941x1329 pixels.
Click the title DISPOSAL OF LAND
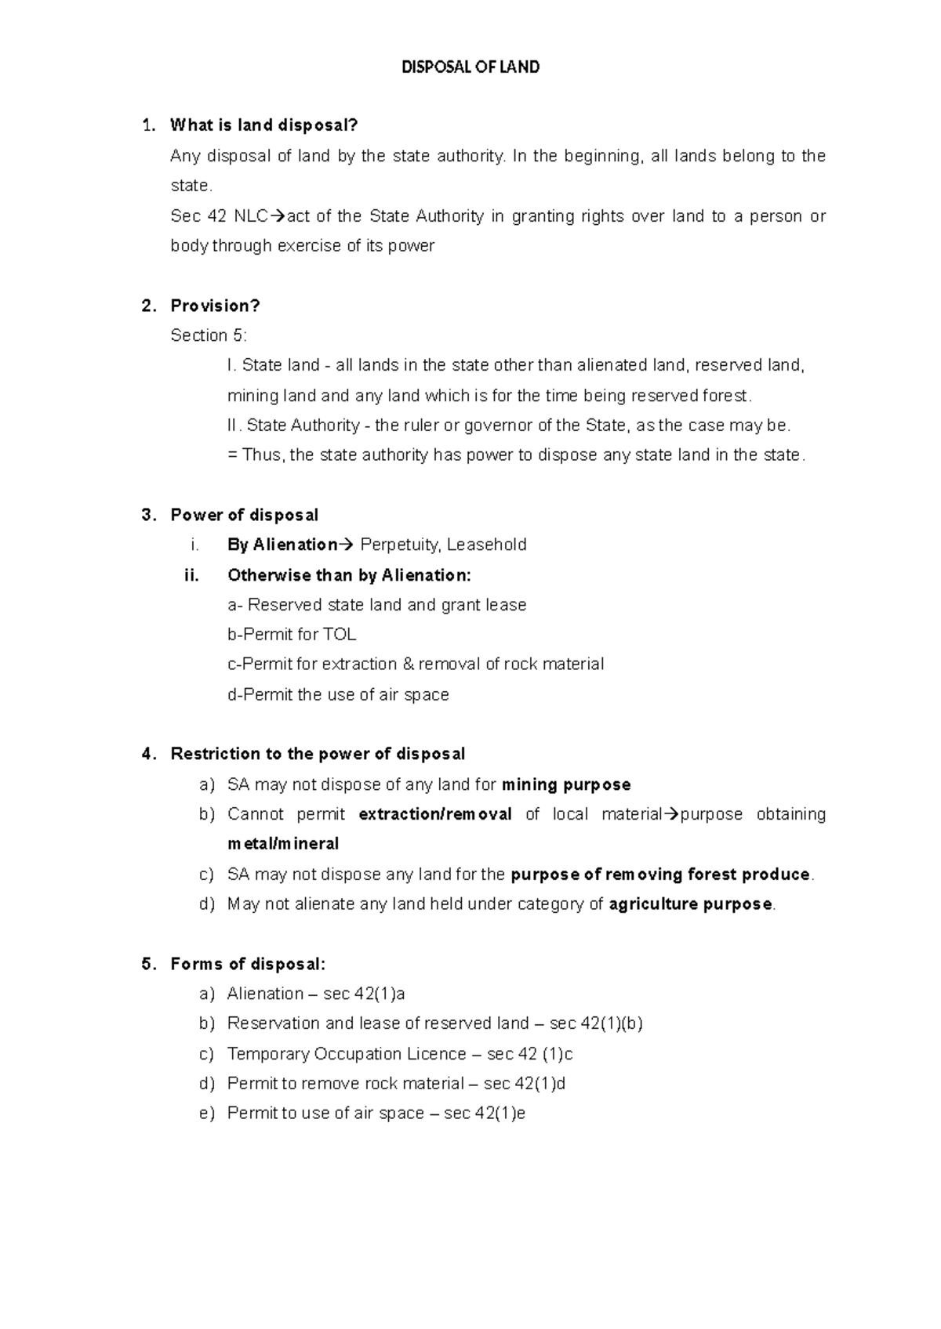coord(470,67)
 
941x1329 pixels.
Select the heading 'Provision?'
coord(215,306)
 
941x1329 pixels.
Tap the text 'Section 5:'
coord(209,335)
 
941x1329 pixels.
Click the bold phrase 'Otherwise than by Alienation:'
coord(349,575)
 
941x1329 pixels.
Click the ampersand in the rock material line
coord(407,664)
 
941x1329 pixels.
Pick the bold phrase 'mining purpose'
coord(566,784)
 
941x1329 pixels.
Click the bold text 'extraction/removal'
coord(435,814)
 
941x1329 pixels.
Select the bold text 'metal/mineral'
coord(283,844)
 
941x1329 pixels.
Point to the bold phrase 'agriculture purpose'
coord(691,904)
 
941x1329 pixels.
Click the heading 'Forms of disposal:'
coord(248,964)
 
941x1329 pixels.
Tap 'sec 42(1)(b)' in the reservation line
coord(596,1023)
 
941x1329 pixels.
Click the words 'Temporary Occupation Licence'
coord(347,1054)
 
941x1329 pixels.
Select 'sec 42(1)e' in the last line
coord(485,1114)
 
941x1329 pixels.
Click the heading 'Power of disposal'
coord(245,515)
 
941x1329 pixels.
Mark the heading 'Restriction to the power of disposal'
coord(318,754)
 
